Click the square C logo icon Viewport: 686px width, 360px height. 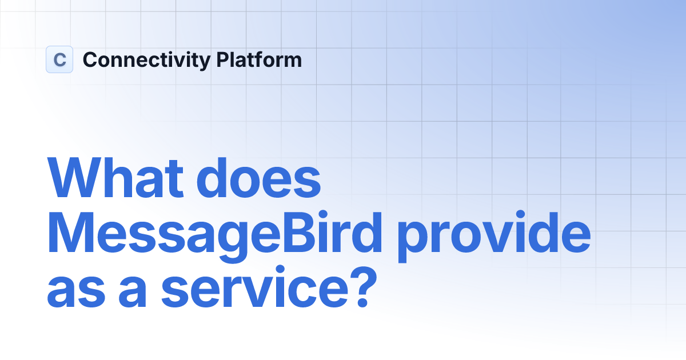coord(59,59)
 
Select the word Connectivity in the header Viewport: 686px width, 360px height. coord(146,60)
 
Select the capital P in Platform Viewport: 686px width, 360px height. coord(222,59)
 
